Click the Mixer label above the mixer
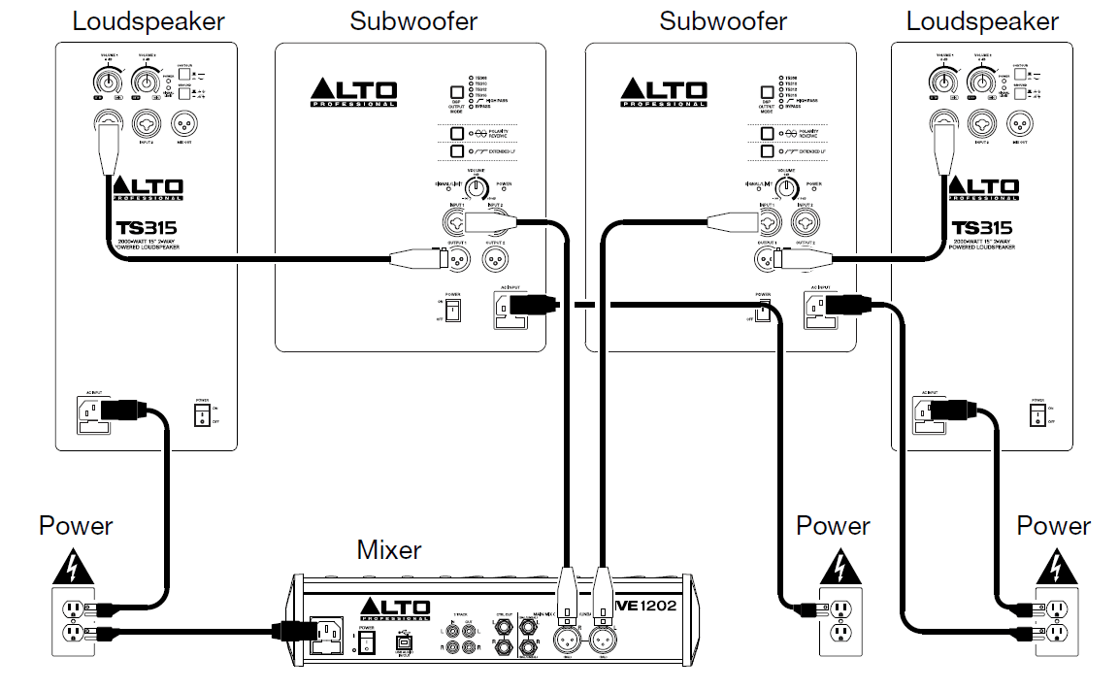389,550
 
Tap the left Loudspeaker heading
148,20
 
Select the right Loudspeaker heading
982,20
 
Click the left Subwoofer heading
413,20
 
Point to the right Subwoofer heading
722,20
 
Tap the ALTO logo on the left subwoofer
353,92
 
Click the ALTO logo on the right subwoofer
664,92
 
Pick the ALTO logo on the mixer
394,608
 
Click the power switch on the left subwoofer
451,310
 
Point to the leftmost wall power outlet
75,621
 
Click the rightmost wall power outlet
1055,621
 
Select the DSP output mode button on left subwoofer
454,94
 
